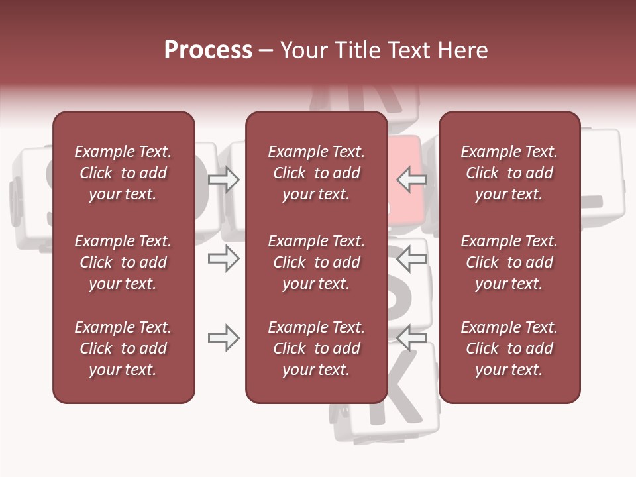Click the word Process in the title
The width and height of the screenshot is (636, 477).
pyautogui.click(x=208, y=50)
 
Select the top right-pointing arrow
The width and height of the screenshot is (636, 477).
pyautogui.click(x=223, y=180)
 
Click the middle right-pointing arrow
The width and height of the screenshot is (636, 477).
pyautogui.click(x=223, y=258)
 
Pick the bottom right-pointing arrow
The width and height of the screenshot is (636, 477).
pyautogui.click(x=223, y=339)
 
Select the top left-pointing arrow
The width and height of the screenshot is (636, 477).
pyautogui.click(x=412, y=178)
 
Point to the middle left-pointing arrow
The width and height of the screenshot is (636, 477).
pyautogui.click(x=412, y=258)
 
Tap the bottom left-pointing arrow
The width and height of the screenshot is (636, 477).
pyautogui.click(x=412, y=338)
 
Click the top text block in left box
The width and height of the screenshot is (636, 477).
pyautogui.click(x=123, y=173)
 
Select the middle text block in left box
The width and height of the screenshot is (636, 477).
pyautogui.click(x=123, y=262)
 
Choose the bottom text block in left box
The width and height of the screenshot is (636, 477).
pyautogui.click(x=123, y=348)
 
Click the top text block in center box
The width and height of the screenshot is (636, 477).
pyautogui.click(x=316, y=173)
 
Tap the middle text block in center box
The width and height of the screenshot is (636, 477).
pyautogui.click(x=316, y=262)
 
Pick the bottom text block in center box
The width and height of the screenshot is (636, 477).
pyautogui.click(x=316, y=348)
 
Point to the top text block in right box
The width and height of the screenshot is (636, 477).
pyautogui.click(x=509, y=173)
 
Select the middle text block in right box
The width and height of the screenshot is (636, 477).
pyautogui.click(x=509, y=262)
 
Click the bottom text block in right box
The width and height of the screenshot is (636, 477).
pyautogui.click(x=509, y=348)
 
